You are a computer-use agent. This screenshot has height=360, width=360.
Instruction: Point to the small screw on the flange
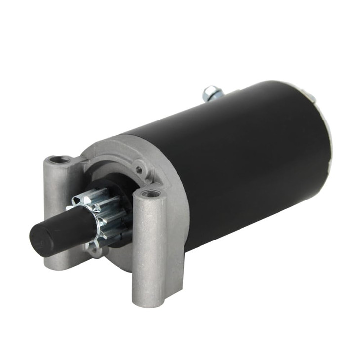[x=139, y=170]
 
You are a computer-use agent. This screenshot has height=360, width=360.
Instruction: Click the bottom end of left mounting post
[x=53, y=264]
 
